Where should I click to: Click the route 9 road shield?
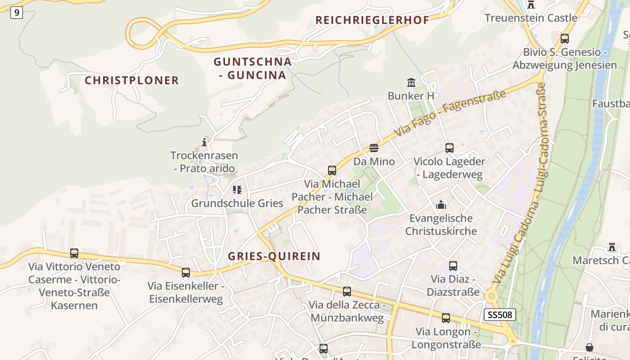pyautogui.click(x=16, y=13)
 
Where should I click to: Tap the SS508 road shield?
pyautogui.click(x=499, y=315)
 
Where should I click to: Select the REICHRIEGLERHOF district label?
pyautogui.click(x=372, y=20)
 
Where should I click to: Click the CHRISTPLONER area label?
pyautogui.click(x=132, y=81)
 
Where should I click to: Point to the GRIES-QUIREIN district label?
pyautogui.click(x=274, y=256)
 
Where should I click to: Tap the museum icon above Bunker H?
pyautogui.click(x=411, y=83)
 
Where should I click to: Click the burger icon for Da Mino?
pyautogui.click(x=373, y=148)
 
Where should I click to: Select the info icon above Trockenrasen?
pyautogui.click(x=204, y=142)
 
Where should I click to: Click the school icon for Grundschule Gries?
pyautogui.click(x=237, y=190)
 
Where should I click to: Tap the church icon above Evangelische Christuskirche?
pyautogui.click(x=441, y=205)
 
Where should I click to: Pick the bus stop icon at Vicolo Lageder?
pyautogui.click(x=449, y=148)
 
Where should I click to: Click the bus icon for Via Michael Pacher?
pyautogui.click(x=332, y=171)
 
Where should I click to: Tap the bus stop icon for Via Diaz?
pyautogui.click(x=453, y=266)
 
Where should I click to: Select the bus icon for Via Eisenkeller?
pyautogui.click(x=186, y=273)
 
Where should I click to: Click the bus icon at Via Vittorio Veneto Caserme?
pyautogui.click(x=74, y=253)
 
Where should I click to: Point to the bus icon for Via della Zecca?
pyautogui.click(x=346, y=292)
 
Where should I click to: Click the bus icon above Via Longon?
pyautogui.click(x=446, y=318)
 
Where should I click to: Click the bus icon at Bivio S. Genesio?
pyautogui.click(x=564, y=39)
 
